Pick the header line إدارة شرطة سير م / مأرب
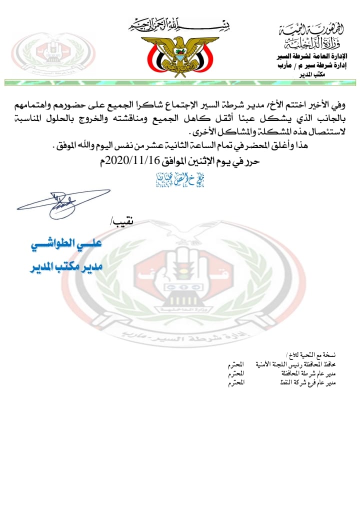coord(309,65)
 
